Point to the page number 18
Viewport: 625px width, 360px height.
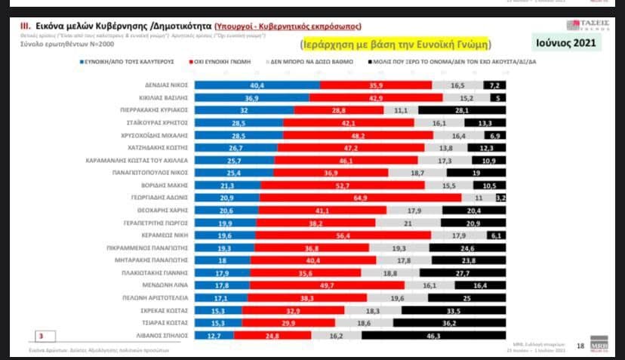click(x=580, y=346)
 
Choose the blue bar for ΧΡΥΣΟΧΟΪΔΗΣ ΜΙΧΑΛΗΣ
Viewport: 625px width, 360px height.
click(x=239, y=136)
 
